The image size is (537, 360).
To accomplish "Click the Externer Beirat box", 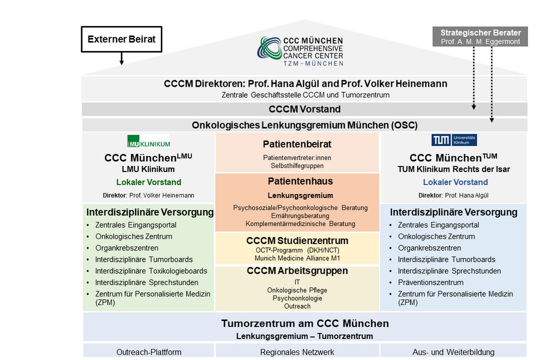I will [122, 39].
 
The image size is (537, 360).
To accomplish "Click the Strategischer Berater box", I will [480, 37].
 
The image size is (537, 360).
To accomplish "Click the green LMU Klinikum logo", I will [148, 141].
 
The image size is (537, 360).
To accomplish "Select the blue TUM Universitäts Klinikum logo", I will [454, 140].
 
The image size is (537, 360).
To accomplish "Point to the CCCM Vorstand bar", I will [304, 109].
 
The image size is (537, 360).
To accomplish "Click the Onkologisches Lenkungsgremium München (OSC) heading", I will [304, 125].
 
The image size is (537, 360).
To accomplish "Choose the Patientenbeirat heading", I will [297, 144].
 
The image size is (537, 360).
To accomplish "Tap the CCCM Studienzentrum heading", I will [297, 241].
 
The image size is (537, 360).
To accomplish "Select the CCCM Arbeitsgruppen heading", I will [297, 271].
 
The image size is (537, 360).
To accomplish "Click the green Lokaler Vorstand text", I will [149, 182].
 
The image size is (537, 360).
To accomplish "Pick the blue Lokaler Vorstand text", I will [455, 182].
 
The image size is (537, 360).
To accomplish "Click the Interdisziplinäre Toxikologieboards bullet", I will [151, 271].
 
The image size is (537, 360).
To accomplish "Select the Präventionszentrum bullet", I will [430, 282].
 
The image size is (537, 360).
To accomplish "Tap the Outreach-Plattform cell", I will [149, 352].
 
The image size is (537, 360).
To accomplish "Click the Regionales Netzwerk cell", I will [297, 352].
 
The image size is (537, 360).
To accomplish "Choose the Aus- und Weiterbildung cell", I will [454, 352].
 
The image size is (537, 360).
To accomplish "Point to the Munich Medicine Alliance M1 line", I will [297, 258].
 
